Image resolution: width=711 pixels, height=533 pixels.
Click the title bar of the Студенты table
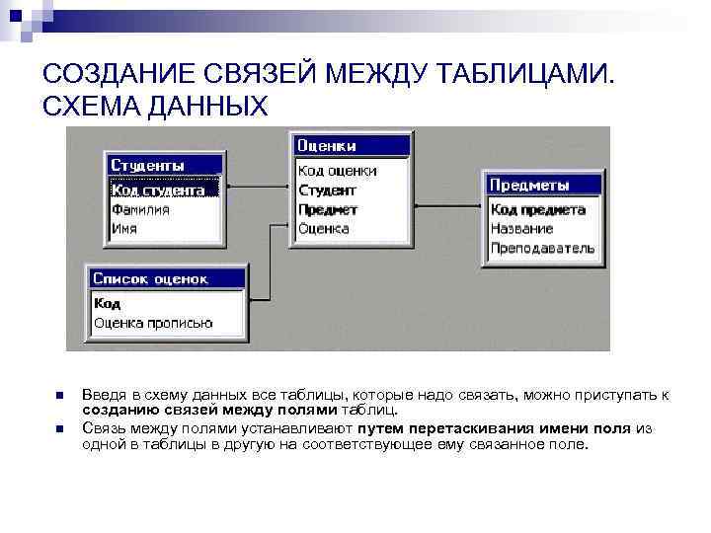coord(162,165)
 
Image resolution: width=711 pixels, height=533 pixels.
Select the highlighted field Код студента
coord(158,190)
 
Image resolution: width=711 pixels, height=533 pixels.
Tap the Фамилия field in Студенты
coord(140,209)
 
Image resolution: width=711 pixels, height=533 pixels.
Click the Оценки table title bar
coord(352,146)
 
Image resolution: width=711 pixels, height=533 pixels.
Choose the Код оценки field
coord(337,171)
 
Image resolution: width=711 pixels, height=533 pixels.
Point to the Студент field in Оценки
coord(327,190)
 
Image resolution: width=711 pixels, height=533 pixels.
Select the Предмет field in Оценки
coord(329,209)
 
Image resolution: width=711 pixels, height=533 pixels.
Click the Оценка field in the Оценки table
coord(324,228)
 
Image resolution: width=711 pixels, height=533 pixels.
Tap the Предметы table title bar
coord(543,185)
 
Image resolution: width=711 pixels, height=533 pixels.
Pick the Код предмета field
coord(538,209)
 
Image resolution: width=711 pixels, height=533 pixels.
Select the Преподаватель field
coord(543,247)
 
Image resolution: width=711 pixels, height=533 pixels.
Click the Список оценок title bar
coord(166,279)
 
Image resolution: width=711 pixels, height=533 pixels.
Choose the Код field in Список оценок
coord(108,304)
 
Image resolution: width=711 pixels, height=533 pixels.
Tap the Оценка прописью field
coord(153,323)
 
